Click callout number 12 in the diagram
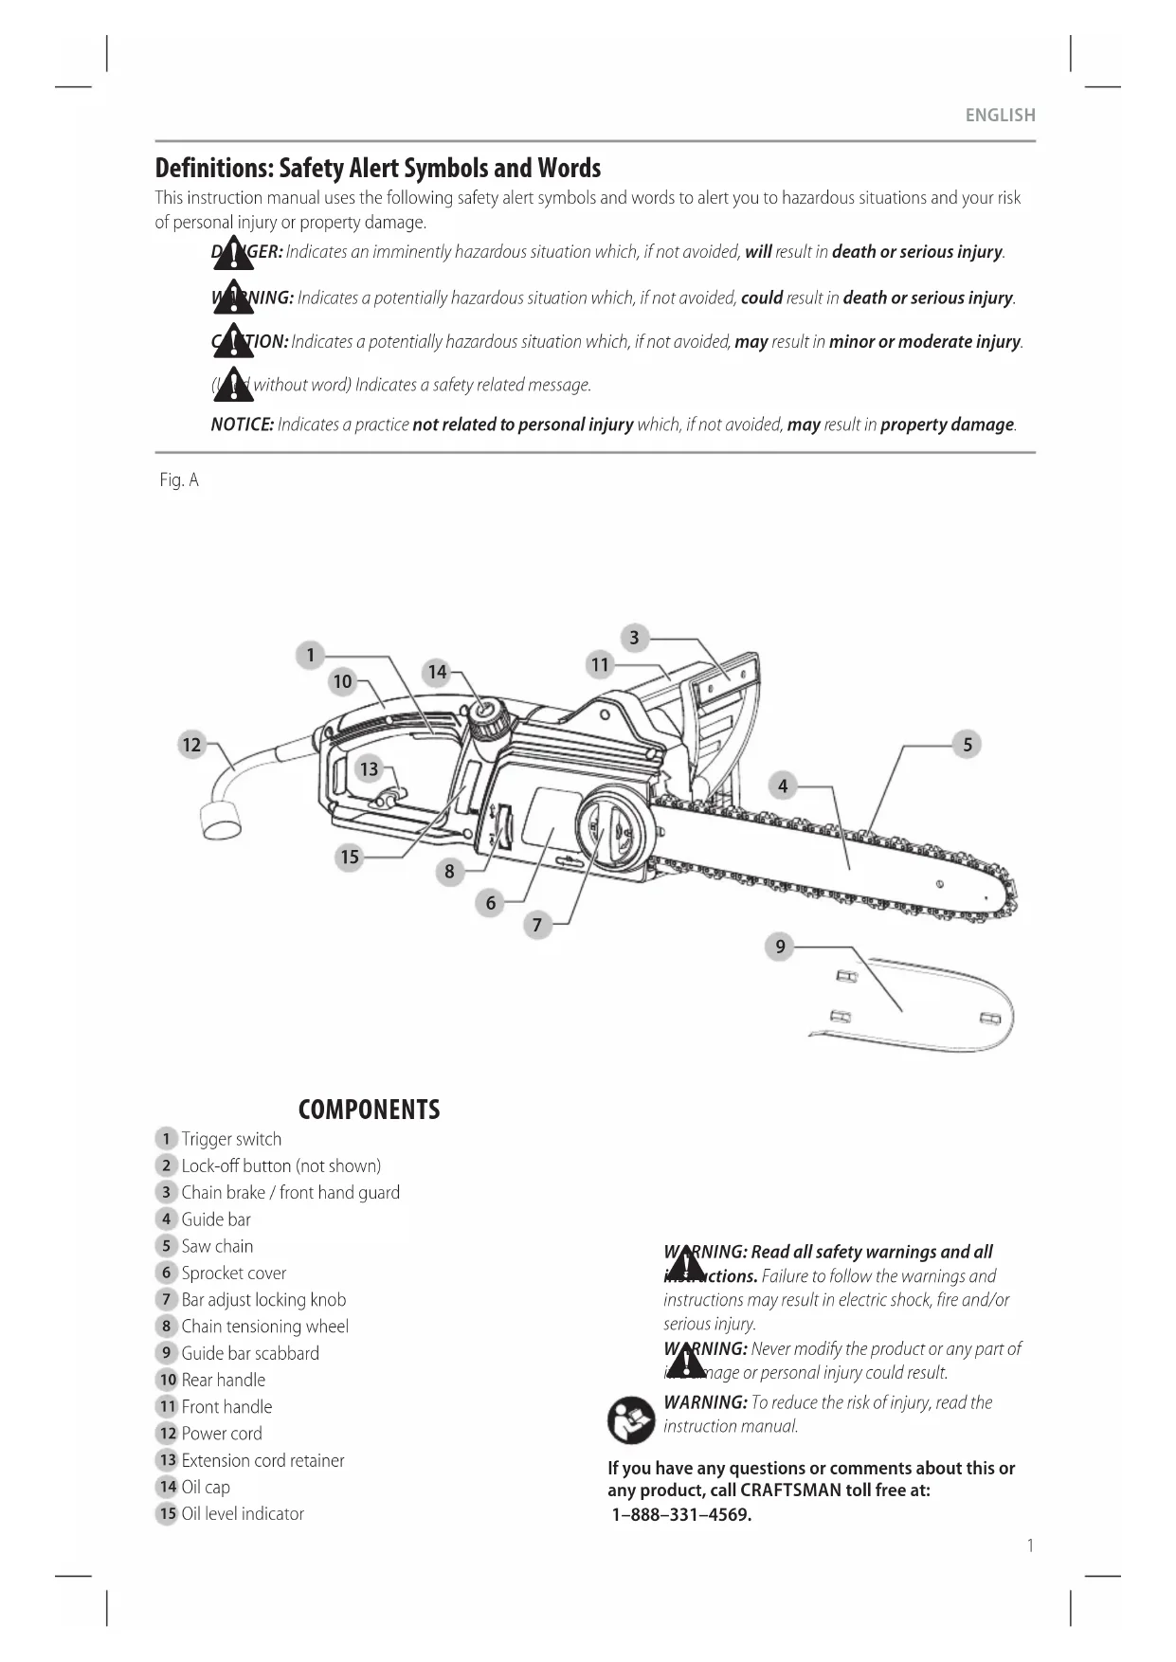click(192, 745)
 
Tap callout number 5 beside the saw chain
click(967, 745)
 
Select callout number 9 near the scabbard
click(780, 946)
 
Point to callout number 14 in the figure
click(437, 672)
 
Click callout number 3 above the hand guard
click(634, 638)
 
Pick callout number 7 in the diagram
click(537, 925)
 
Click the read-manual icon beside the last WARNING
click(631, 1419)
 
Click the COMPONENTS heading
click(369, 1110)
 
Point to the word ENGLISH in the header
click(1000, 116)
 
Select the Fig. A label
click(179, 480)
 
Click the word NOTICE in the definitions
click(242, 425)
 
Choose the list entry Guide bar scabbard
click(250, 1353)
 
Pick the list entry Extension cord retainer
click(262, 1460)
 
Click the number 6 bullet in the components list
click(166, 1273)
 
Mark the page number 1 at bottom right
click(1030, 1546)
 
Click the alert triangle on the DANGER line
click(232, 254)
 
